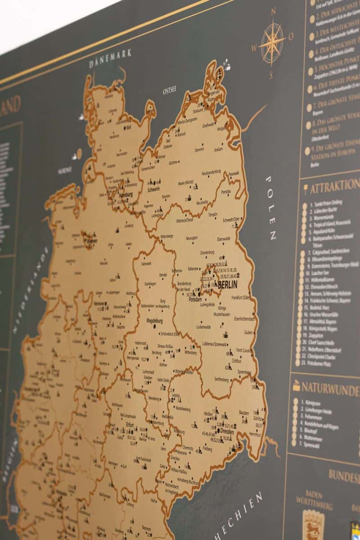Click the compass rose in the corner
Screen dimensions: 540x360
point(272,43)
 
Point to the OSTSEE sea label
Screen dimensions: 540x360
point(171,90)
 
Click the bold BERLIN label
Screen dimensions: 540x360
point(228,284)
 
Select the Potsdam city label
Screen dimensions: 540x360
point(195,299)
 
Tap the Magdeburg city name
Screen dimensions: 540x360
point(154,321)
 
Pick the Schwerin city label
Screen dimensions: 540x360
point(153,189)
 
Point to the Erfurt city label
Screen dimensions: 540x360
point(130,424)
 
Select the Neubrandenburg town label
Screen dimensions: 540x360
point(213,173)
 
